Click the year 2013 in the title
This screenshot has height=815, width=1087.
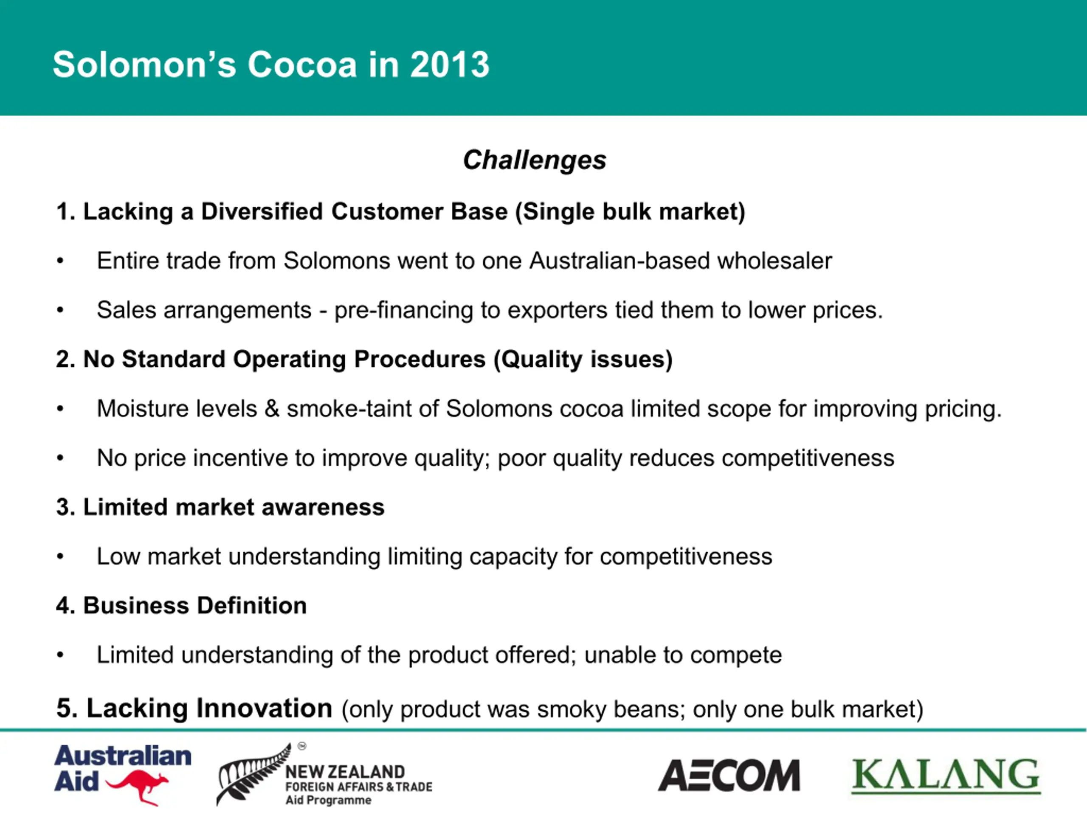tap(450, 65)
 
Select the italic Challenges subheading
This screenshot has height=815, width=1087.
tap(535, 160)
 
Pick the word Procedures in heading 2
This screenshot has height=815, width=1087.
tap(420, 359)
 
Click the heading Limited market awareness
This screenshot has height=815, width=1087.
tap(220, 507)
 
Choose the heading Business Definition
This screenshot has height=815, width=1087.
tap(181, 605)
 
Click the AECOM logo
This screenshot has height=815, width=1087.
tap(729, 776)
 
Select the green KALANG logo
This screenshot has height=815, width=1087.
tap(946, 776)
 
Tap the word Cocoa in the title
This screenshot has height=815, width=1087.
tap(302, 65)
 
